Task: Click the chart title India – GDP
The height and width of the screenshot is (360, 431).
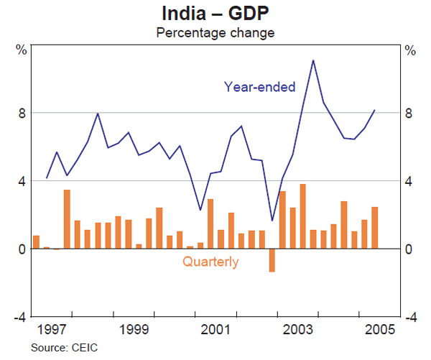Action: (x=215, y=14)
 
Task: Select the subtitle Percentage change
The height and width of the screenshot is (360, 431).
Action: (x=215, y=32)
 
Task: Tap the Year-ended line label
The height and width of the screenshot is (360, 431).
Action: (x=259, y=87)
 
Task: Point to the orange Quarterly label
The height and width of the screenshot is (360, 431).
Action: (x=210, y=262)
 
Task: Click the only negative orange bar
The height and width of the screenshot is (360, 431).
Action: (x=272, y=260)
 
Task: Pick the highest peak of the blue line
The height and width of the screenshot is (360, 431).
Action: (x=313, y=60)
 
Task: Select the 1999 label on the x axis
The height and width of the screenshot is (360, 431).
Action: (x=134, y=331)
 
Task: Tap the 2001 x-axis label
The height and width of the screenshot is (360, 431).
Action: (x=215, y=331)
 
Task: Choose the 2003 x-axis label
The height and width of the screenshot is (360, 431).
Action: (x=297, y=331)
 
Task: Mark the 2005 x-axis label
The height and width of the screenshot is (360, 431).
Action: (x=379, y=331)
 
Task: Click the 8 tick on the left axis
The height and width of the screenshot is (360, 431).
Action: (x=22, y=113)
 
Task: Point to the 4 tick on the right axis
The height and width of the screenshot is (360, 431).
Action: (x=409, y=181)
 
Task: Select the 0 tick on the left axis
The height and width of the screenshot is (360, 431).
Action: (x=22, y=249)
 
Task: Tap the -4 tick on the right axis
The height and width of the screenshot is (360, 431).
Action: (x=409, y=317)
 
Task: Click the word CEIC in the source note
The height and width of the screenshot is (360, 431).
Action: (x=84, y=349)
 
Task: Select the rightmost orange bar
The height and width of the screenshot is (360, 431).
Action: (x=374, y=228)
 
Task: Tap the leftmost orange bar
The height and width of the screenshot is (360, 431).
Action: (x=36, y=242)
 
